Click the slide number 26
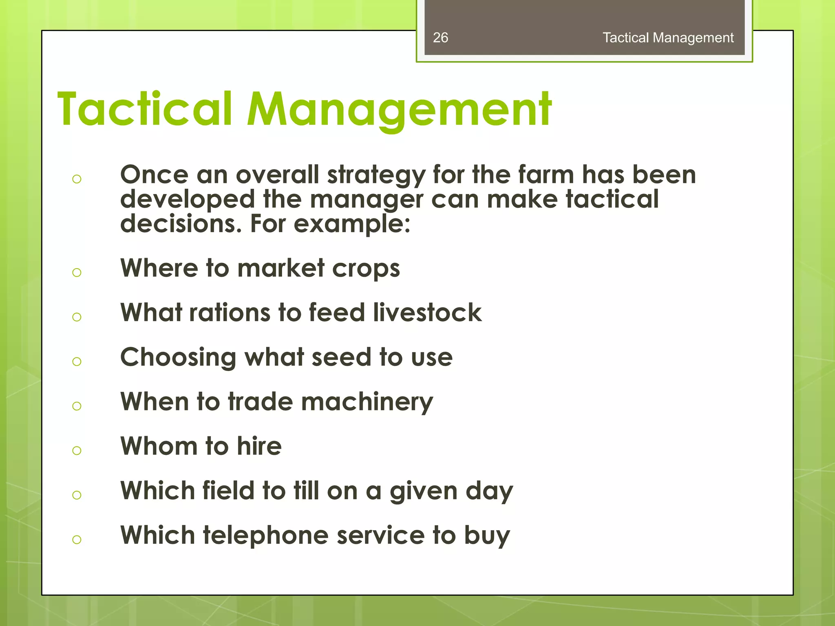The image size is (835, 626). [440, 37]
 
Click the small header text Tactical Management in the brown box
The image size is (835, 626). [668, 37]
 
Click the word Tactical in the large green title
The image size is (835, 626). [145, 109]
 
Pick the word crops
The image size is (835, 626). [366, 269]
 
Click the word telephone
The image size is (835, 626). [266, 536]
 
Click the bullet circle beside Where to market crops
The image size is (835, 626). [77, 272]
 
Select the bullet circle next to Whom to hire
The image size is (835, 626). [77, 450]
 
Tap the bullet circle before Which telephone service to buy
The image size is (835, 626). [77, 540]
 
